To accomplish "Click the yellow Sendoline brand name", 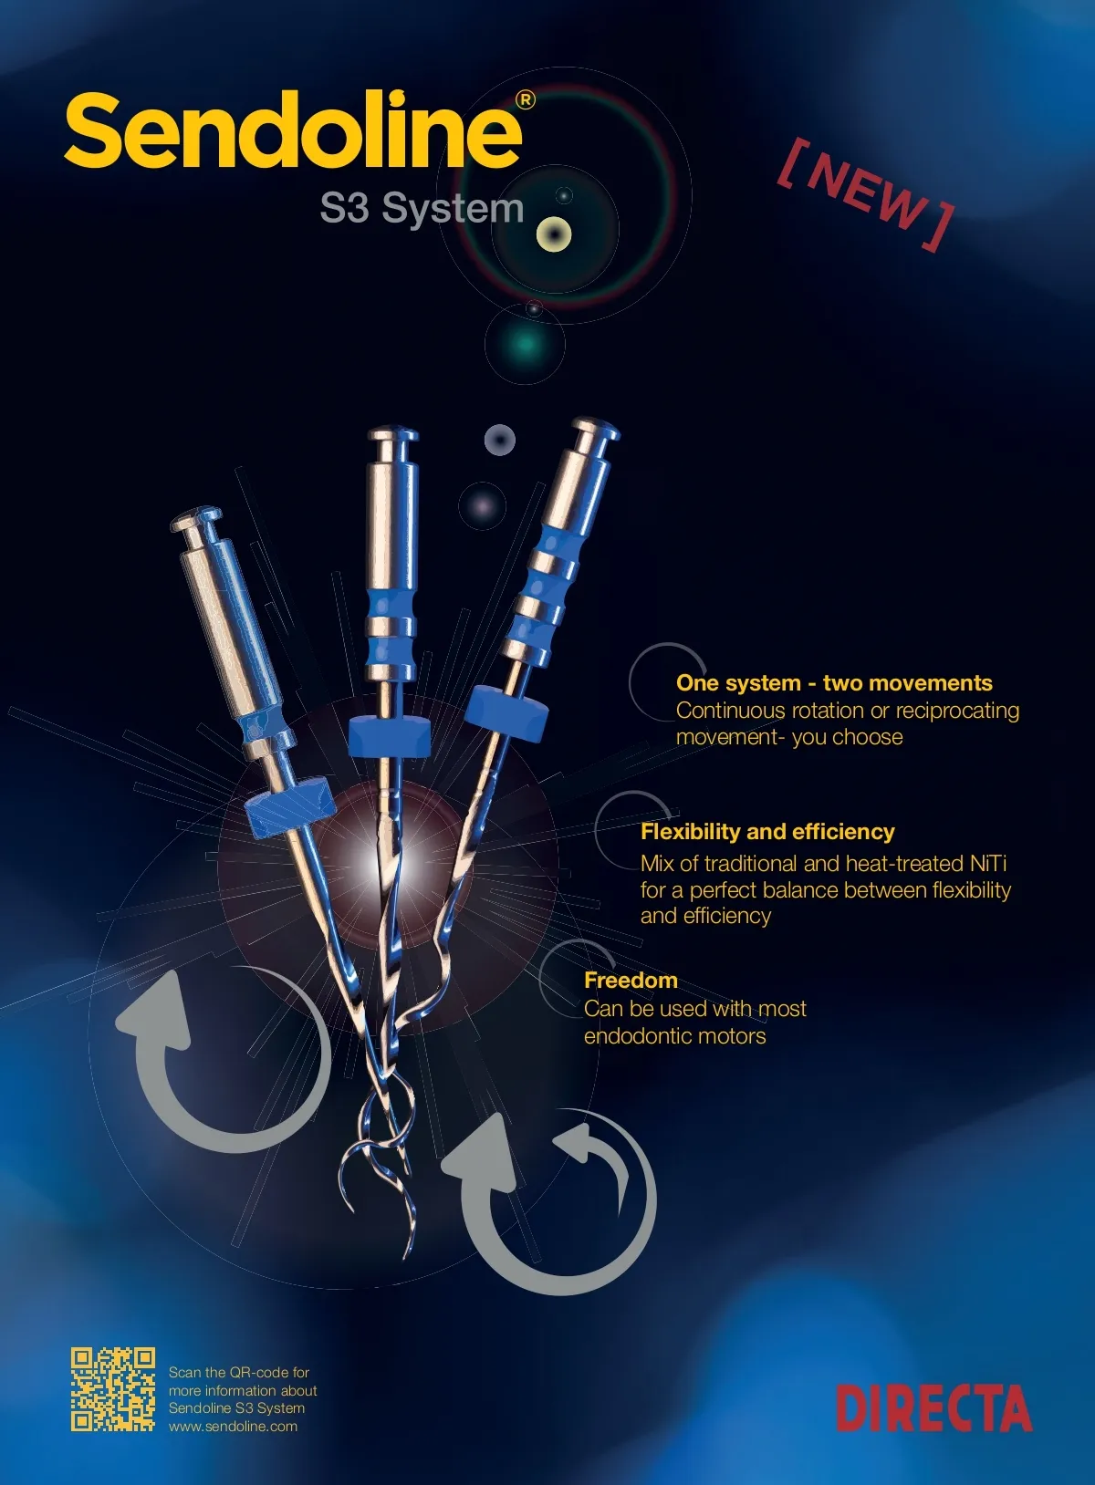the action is (x=293, y=130).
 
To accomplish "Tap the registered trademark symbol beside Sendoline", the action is (x=526, y=100).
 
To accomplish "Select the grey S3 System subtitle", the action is (x=422, y=207).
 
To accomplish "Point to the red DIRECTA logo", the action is (x=933, y=1408).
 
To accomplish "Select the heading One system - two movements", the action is (x=834, y=683).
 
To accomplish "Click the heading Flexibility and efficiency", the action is (x=767, y=831).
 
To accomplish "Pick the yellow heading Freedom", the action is (x=631, y=980).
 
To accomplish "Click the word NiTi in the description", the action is (x=988, y=863).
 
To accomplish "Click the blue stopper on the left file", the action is (x=288, y=805).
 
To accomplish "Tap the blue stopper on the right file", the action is (x=506, y=714).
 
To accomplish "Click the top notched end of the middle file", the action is (x=393, y=435).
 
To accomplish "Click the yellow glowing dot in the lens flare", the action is (x=553, y=234).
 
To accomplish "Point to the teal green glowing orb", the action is (x=526, y=344).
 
